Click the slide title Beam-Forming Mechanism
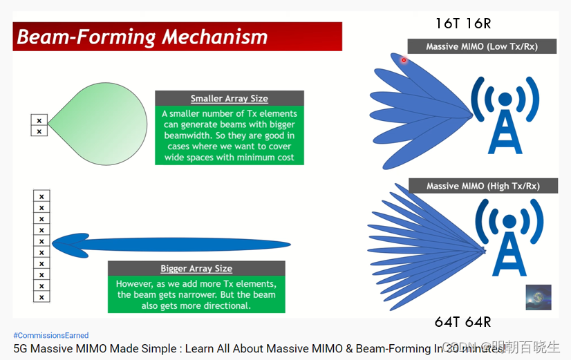(x=142, y=36)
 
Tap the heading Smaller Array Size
(x=229, y=98)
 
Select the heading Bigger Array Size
(x=196, y=268)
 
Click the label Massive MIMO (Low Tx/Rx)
(x=481, y=46)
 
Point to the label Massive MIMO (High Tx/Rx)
(x=483, y=186)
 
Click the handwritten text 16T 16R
(x=463, y=23)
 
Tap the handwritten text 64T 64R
(x=463, y=322)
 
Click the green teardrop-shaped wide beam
(x=104, y=124)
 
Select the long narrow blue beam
(x=173, y=243)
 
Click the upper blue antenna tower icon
(x=505, y=114)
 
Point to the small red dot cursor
(x=404, y=60)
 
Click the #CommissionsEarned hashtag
(x=51, y=335)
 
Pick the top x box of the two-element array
(x=39, y=120)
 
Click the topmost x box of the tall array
(x=41, y=196)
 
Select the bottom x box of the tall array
(x=41, y=296)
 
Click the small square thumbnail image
(x=538, y=296)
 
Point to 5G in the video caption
(x=20, y=349)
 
